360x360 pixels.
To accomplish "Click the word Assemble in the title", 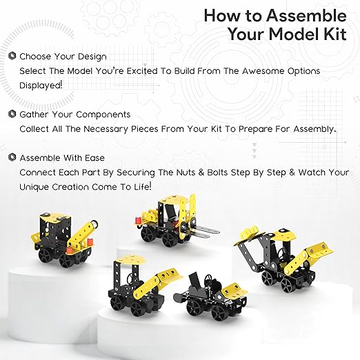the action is pos(306,16).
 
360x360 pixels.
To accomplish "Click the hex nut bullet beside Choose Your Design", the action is pos(12,56).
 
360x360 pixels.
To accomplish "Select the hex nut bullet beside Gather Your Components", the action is pos(12,114).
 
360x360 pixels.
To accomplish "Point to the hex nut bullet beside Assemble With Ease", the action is pos(12,157).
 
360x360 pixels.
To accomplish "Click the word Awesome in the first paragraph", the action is pos(263,71).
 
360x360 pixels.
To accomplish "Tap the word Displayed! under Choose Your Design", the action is pos(41,86).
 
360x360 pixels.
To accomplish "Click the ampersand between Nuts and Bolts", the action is pos(201,172).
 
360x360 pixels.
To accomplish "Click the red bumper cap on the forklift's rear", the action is pos(138,221).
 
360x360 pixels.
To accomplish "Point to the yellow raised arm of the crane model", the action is pos(83,234).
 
